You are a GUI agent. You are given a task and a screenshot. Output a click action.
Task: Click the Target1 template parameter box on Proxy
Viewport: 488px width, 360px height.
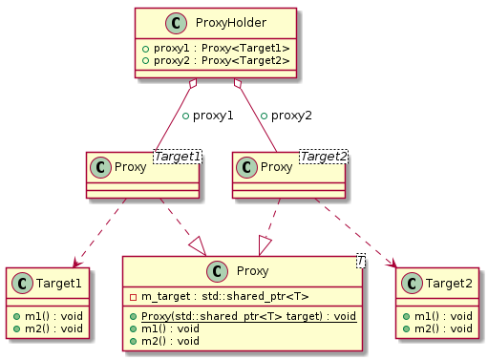tap(179, 155)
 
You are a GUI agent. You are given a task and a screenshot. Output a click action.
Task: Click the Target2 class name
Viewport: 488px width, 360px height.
tap(445, 282)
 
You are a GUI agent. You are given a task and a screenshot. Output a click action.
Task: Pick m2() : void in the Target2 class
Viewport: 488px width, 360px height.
tap(437, 328)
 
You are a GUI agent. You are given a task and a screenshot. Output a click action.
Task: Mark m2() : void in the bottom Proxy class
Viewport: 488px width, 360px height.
tap(166, 339)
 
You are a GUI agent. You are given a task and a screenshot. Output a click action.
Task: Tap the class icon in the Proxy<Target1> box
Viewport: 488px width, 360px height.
tap(100, 168)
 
